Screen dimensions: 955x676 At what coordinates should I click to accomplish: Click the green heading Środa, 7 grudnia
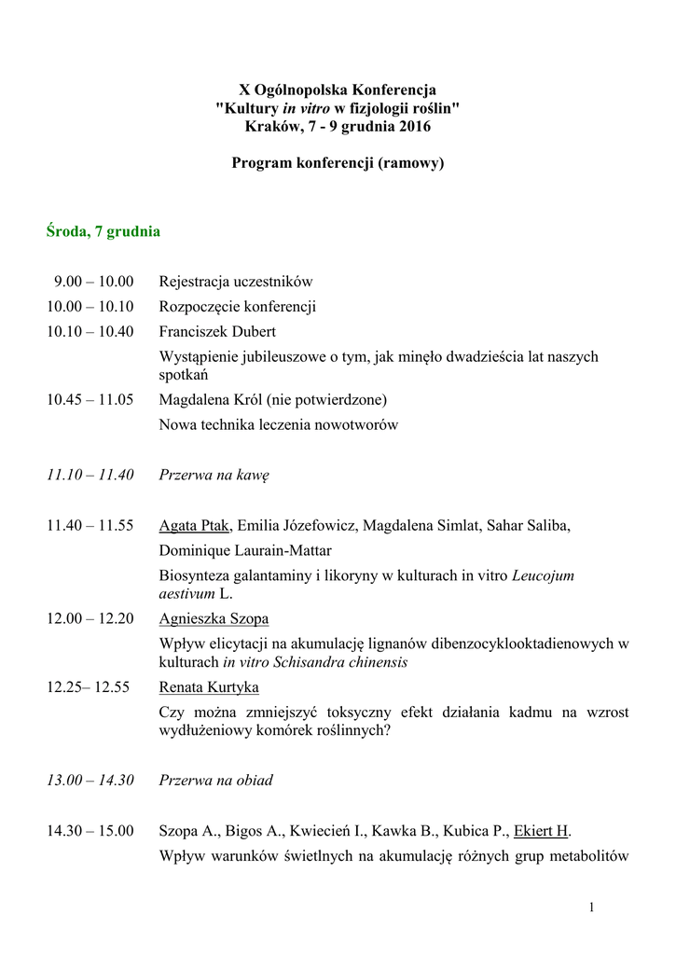pos(103,231)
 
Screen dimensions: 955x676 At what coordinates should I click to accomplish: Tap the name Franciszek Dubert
pos(217,331)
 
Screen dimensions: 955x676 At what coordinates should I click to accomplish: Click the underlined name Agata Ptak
pos(194,525)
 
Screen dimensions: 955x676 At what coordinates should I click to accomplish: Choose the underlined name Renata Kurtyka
pos(209,687)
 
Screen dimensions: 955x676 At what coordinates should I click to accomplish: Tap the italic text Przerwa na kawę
pos(214,475)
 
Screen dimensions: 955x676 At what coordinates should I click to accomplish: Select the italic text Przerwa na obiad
pos(216,780)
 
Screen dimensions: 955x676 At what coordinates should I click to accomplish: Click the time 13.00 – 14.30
pos(90,780)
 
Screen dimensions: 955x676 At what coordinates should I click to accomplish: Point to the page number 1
pos(591,907)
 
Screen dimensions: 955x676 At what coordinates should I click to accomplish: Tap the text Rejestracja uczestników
pos(236,281)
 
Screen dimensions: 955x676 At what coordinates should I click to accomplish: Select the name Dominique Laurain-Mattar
pos(245,550)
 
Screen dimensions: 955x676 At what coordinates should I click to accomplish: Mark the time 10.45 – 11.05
pos(90,399)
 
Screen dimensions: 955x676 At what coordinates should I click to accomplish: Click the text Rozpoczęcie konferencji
pos(238,306)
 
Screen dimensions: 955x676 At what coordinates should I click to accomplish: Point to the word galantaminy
pos(266,575)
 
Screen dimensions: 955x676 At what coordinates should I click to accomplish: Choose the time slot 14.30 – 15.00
pos(90,830)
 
